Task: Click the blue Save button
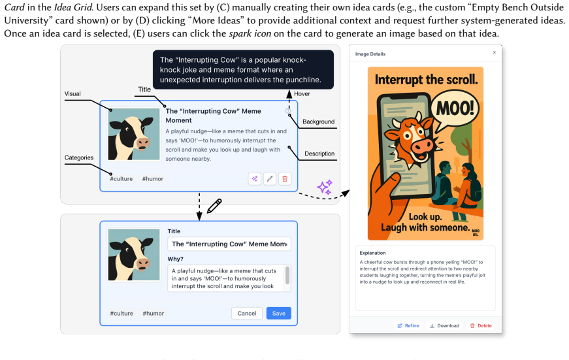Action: point(279,313)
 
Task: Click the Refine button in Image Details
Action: point(408,325)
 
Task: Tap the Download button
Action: point(444,325)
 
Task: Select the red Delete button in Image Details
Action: point(481,325)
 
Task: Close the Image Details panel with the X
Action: point(495,53)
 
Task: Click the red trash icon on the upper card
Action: point(285,178)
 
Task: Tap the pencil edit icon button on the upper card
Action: point(270,178)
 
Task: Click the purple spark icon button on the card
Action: point(255,178)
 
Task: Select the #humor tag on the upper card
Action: point(153,178)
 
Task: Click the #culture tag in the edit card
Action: point(122,313)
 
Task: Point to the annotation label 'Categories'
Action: point(79,157)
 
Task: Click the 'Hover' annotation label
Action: point(302,93)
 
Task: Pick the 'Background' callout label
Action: point(319,122)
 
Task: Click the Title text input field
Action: point(229,244)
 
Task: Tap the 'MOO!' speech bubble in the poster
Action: point(455,109)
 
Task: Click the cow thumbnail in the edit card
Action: point(134,255)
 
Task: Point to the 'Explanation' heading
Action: point(372,253)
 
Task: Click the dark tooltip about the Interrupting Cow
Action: point(243,70)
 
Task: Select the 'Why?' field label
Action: point(175,259)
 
